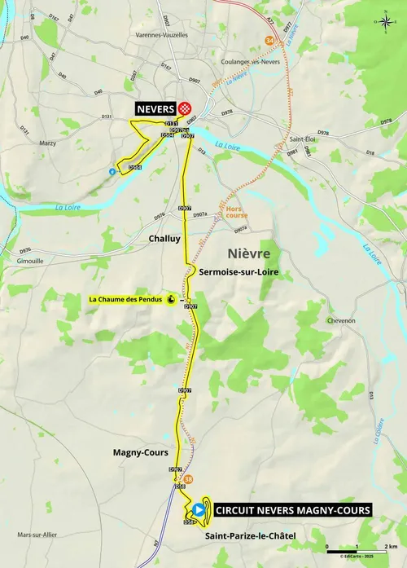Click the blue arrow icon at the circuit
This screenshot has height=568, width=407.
pos(199,509)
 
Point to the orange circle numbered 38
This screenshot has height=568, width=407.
pos(190,478)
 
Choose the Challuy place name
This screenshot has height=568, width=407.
pos(164,240)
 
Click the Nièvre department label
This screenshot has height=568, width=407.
pos(249,254)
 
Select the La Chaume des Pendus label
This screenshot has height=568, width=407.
pos(125,299)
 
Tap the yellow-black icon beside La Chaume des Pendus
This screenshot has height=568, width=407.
pos(171,299)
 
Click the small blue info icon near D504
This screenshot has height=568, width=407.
pos(112,172)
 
